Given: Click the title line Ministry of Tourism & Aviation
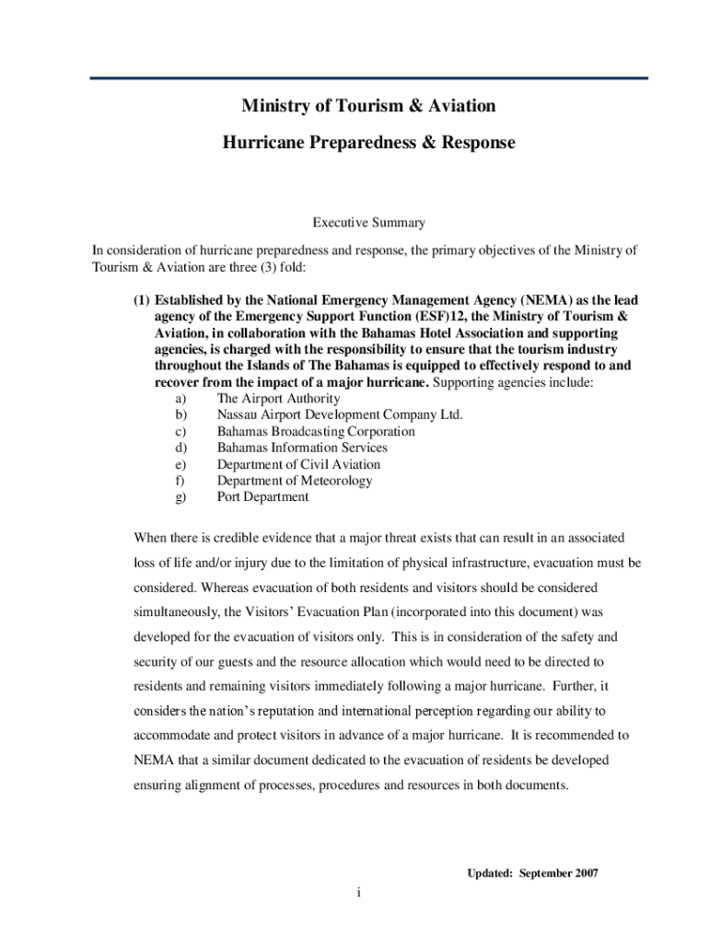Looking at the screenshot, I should (x=368, y=106).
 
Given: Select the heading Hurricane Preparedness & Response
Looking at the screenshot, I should (x=368, y=143).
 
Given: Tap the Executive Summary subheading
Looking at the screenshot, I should (x=368, y=222).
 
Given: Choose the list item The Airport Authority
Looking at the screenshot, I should (x=278, y=399).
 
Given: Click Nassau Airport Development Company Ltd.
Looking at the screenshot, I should (x=340, y=415).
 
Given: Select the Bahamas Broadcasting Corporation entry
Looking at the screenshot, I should (x=316, y=431).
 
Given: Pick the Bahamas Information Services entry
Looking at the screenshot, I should (x=302, y=448).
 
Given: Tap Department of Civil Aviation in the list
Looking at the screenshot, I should (x=298, y=464).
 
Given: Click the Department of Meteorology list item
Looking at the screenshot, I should (x=295, y=481).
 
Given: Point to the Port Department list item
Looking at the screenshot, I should (x=262, y=496).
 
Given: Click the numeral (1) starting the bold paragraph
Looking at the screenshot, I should (x=142, y=300).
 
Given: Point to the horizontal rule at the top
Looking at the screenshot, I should (x=368, y=78).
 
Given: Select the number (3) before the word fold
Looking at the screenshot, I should (x=250, y=267).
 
